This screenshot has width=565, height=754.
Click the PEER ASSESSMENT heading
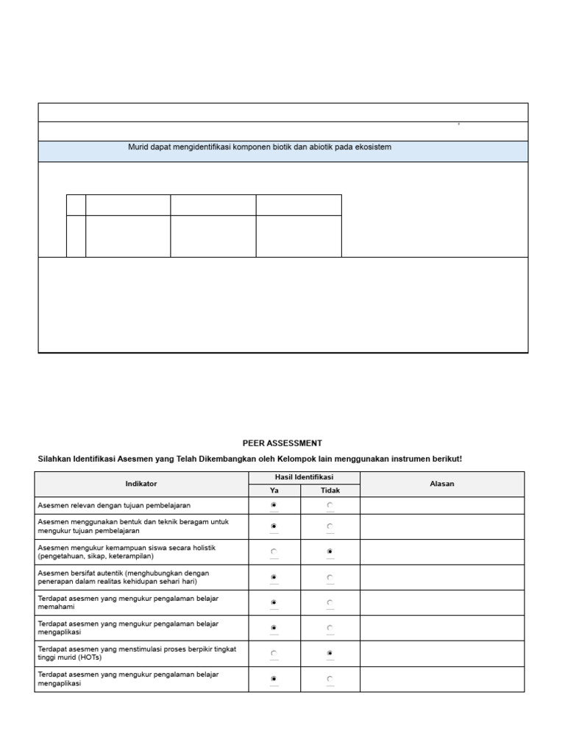point(282,443)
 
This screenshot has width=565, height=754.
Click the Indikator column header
point(141,484)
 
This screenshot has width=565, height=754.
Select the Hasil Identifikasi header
point(304,478)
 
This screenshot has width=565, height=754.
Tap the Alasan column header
point(442,484)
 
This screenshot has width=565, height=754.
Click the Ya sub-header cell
point(274,490)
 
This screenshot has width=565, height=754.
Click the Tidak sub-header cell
point(330,490)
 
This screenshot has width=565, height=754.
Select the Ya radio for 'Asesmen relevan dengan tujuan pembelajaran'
point(274,505)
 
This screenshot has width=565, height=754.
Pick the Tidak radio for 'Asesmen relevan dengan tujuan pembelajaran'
point(330,505)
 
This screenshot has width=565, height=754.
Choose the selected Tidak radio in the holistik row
point(330,552)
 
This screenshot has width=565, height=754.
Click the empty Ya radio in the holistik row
point(274,552)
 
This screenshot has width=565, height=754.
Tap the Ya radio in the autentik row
point(274,577)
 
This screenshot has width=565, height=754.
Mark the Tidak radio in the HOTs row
point(330,653)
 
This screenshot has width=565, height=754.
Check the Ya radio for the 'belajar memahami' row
point(274,602)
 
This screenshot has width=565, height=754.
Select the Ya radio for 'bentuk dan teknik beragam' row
point(274,526)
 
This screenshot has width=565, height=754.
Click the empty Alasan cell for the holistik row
point(442,552)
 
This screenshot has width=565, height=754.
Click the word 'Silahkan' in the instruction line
point(54,459)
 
